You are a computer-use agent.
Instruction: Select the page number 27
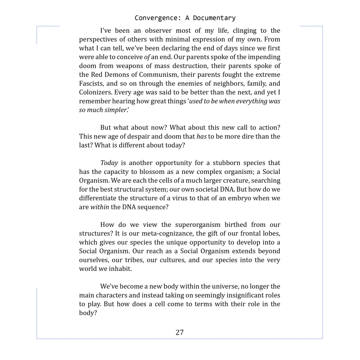[x=180, y=332]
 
